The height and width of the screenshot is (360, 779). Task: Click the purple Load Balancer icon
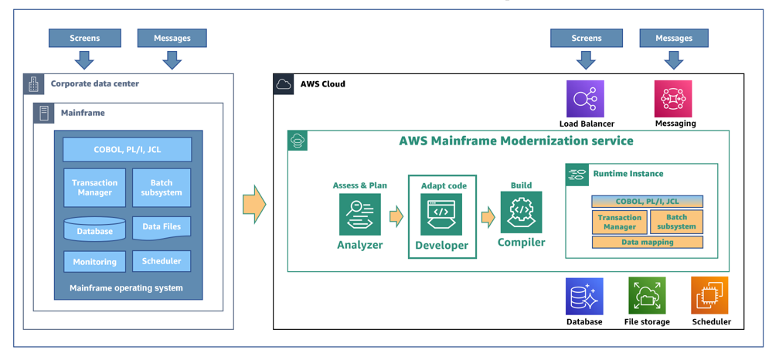click(x=585, y=98)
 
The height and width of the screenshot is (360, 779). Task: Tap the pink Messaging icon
click(x=673, y=98)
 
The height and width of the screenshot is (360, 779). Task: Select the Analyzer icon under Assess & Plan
click(x=359, y=214)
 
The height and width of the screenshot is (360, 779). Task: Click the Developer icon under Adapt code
click(x=441, y=214)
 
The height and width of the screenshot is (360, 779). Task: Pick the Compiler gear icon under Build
click(x=521, y=212)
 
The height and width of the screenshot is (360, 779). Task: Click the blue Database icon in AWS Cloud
click(x=584, y=296)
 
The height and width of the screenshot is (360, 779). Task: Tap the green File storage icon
click(x=647, y=296)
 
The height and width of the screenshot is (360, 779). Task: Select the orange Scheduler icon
click(x=709, y=296)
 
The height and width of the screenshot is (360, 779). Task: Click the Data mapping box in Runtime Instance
click(x=648, y=243)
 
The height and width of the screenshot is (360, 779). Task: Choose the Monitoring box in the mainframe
click(x=94, y=262)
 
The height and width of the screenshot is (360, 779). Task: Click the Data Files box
click(x=162, y=227)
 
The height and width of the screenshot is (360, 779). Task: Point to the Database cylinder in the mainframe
click(x=94, y=230)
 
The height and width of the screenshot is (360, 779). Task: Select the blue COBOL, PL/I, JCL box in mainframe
click(x=128, y=149)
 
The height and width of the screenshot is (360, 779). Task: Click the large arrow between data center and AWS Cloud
click(x=254, y=204)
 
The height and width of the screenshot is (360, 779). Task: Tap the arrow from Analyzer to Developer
click(x=396, y=216)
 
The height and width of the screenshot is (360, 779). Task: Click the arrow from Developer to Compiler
click(x=488, y=216)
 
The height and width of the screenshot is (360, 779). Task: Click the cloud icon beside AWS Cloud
click(x=284, y=84)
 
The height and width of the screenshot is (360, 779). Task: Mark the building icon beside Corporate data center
click(x=33, y=84)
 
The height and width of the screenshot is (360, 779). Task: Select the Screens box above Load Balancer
click(x=586, y=38)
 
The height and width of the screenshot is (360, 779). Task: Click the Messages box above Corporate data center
click(x=172, y=38)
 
